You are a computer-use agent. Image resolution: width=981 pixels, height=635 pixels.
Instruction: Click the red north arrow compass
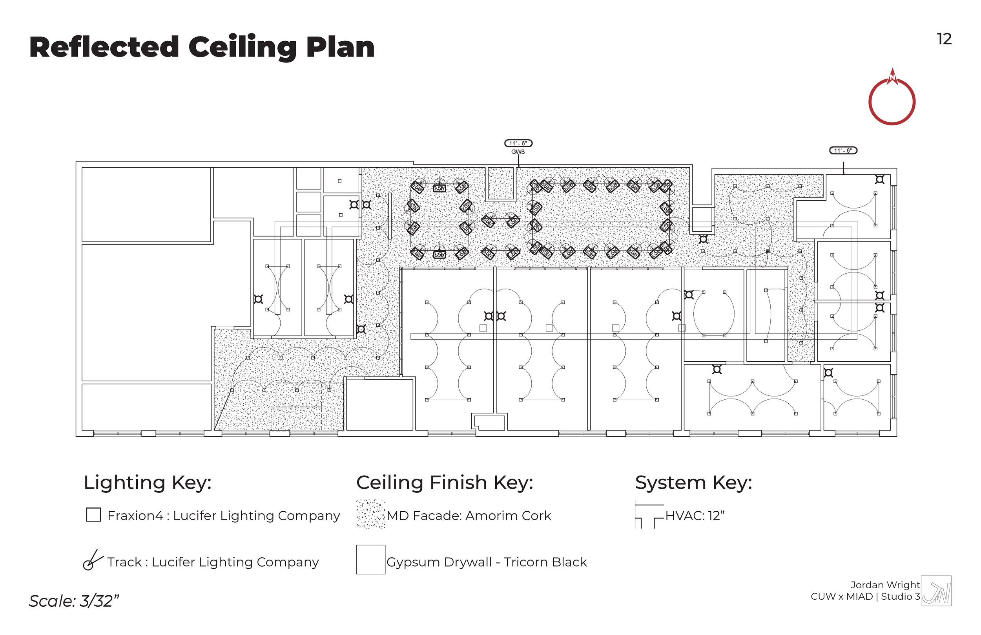[891, 101]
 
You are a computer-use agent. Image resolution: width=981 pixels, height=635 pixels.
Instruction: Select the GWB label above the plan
[518, 152]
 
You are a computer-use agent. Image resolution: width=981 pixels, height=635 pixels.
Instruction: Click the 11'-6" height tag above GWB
[518, 143]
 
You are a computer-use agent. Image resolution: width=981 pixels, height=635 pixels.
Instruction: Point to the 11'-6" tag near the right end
[842, 150]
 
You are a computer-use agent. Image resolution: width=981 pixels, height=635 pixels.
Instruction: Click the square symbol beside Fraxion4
[93, 514]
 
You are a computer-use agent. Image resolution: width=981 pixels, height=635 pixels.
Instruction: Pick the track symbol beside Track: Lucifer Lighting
[92, 560]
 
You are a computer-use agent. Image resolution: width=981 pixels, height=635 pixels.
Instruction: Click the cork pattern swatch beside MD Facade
[370, 514]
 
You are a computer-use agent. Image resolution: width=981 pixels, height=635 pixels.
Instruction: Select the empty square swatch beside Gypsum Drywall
[370, 560]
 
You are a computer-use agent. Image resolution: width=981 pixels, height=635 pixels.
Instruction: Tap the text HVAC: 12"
[695, 515]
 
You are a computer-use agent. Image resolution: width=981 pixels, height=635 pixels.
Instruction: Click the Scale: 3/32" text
[74, 601]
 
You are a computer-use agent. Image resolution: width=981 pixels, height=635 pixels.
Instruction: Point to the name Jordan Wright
[884, 585]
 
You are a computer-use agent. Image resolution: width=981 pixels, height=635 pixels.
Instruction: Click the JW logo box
[936, 591]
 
